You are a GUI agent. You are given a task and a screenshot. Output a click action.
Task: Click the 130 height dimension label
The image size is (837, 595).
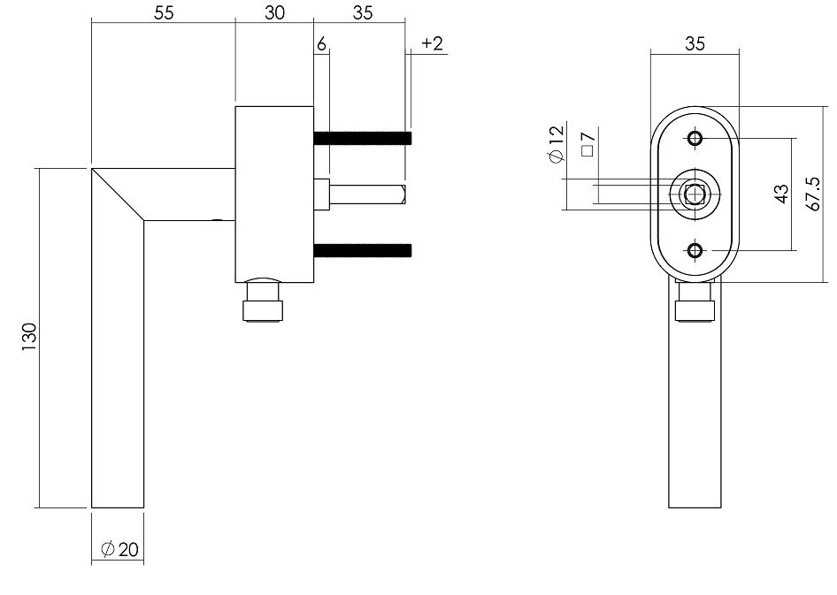point(28,338)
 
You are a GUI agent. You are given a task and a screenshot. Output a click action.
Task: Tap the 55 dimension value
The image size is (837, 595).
point(162,12)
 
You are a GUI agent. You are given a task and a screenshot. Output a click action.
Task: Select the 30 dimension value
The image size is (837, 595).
point(274,12)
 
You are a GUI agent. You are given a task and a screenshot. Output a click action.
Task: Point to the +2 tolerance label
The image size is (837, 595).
point(433,44)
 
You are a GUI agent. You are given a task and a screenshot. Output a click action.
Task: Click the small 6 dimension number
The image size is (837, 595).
point(321,44)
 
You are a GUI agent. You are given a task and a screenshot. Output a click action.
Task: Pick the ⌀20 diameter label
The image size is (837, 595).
point(119,549)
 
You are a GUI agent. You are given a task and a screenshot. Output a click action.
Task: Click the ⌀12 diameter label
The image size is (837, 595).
point(555,144)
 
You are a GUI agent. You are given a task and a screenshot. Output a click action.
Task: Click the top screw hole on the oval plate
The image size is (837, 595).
point(695,139)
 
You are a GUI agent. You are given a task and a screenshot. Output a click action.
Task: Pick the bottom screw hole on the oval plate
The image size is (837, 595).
point(695,251)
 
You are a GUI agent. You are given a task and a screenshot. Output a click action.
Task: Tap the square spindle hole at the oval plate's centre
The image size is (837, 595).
point(695,194)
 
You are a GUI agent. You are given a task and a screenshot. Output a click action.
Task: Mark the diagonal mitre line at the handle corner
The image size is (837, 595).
point(119,194)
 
